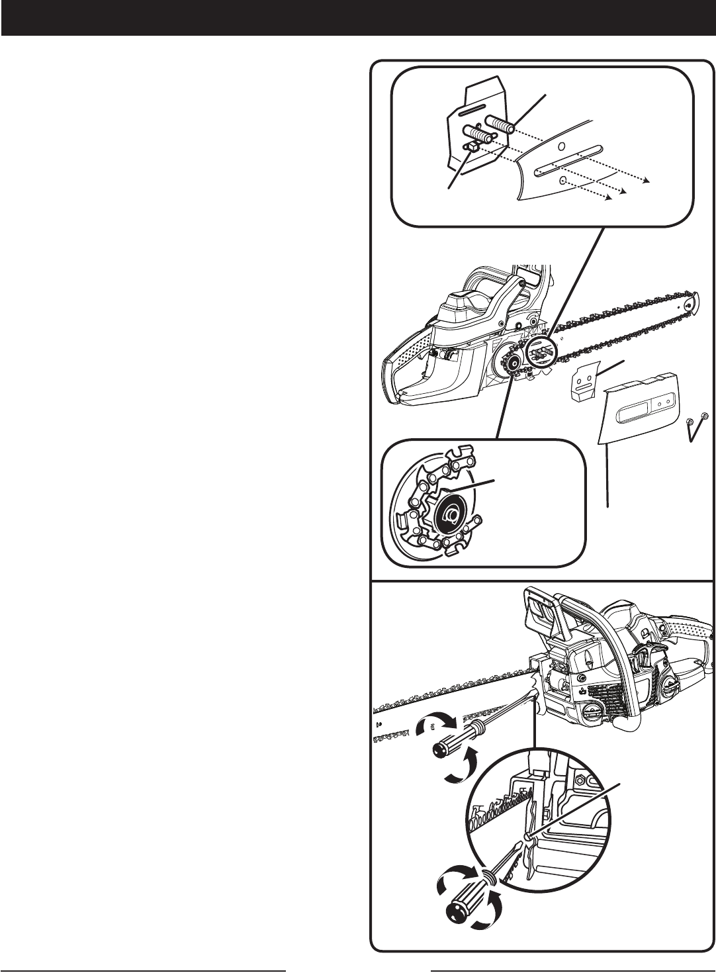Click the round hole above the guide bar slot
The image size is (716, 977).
point(560,146)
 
